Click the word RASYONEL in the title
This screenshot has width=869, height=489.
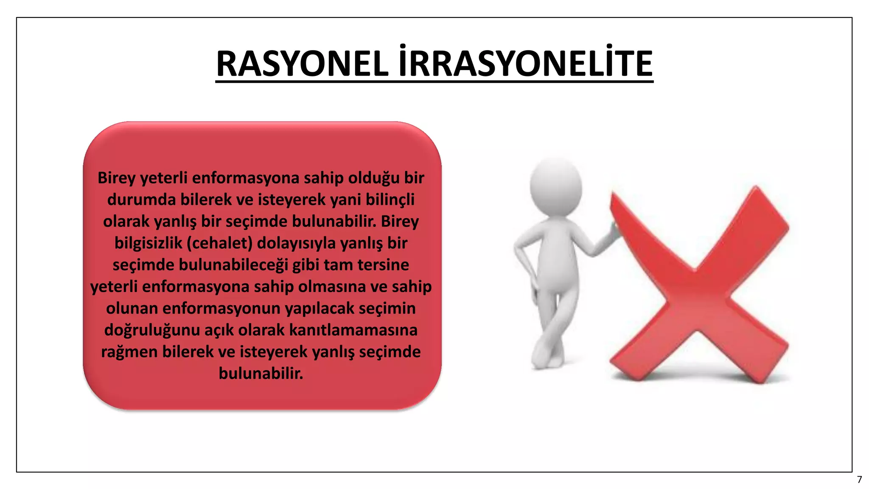pyautogui.click(x=302, y=64)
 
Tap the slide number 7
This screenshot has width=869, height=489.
pyautogui.click(x=859, y=480)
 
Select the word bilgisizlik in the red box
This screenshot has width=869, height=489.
pyautogui.click(x=148, y=243)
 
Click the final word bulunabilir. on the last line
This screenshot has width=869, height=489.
pyautogui.click(x=261, y=374)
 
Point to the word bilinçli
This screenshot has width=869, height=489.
pyautogui.click(x=390, y=200)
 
